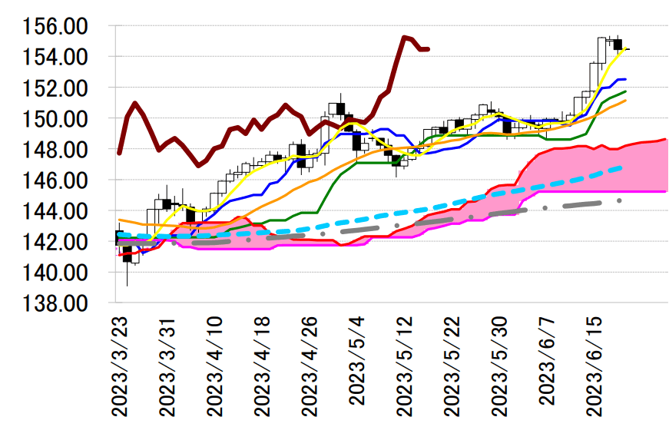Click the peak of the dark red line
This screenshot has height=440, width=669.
click(x=404, y=37)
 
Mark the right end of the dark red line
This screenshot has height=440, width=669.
click(x=428, y=49)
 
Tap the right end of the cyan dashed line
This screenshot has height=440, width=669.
click(x=621, y=167)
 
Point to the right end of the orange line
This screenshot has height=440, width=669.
click(x=625, y=101)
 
